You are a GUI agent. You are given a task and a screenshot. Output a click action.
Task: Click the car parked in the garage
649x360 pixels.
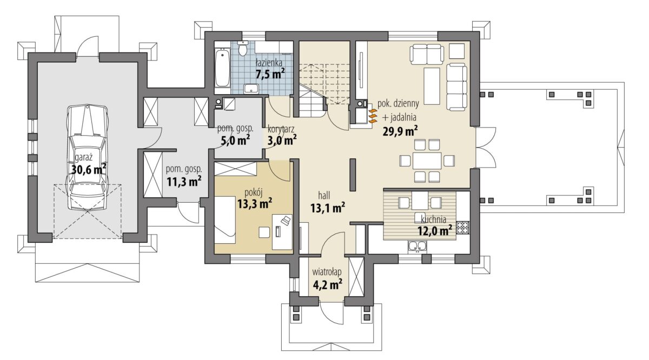[87, 157]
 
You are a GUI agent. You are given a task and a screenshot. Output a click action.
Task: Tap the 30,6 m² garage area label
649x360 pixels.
[88, 169]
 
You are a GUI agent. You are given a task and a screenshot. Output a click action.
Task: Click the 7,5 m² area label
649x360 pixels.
[270, 74]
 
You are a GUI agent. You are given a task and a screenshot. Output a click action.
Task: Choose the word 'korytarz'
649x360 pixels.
[281, 129]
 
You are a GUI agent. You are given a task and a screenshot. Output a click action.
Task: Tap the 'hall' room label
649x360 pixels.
[324, 196]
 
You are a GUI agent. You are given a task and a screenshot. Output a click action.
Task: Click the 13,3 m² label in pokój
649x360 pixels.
[255, 203]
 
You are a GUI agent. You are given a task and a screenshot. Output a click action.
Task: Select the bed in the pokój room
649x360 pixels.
[225, 220]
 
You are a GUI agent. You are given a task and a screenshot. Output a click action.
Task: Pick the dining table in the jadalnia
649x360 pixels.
[427, 161]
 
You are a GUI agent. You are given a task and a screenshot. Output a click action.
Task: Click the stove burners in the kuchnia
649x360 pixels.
[463, 228]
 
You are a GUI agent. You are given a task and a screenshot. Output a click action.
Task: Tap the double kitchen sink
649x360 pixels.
[418, 246]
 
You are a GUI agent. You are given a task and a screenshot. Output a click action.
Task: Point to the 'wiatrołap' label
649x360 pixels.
[327, 272]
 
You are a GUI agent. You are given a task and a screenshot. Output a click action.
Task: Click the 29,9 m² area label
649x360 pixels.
[400, 131]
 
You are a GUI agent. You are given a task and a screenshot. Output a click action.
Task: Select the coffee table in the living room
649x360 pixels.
[432, 86]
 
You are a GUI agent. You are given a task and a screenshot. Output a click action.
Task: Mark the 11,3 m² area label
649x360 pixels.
[184, 182]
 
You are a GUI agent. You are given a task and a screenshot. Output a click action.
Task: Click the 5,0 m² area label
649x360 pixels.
[236, 141]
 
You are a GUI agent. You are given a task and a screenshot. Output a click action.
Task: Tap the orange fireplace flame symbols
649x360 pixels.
[373, 116]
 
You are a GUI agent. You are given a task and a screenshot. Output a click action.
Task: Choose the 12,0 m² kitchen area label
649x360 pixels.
[435, 231]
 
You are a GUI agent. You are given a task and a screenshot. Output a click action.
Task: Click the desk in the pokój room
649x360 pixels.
[282, 232]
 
